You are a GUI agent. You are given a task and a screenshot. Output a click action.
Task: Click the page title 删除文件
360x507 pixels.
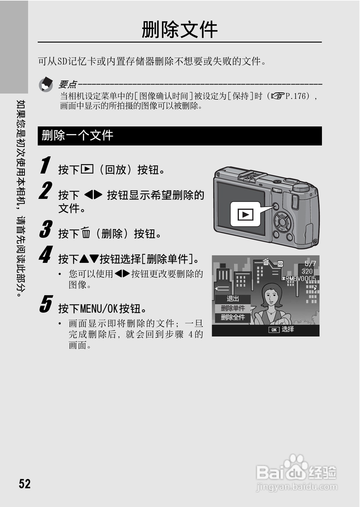click(180, 30)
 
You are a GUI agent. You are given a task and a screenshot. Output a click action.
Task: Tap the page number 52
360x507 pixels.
click(25, 483)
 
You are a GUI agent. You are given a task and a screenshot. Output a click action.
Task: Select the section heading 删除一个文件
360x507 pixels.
click(77, 136)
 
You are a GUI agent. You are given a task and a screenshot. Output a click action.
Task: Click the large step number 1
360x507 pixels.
click(45, 165)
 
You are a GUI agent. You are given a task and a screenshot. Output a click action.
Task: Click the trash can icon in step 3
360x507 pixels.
click(86, 233)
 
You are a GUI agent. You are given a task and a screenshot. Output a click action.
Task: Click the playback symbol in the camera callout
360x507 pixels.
click(245, 215)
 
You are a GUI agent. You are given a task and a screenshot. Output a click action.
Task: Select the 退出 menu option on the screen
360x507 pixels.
click(233, 299)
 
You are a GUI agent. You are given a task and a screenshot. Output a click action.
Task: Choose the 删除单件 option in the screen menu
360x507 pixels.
click(233, 308)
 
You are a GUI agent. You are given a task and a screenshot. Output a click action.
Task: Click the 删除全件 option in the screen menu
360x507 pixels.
click(233, 317)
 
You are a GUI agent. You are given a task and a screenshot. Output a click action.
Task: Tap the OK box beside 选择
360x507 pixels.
click(274, 330)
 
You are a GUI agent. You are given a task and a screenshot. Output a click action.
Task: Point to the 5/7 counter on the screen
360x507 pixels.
click(310, 263)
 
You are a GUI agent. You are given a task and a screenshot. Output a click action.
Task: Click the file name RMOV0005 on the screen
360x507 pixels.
click(300, 279)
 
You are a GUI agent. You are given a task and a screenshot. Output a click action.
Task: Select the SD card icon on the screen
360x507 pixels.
click(280, 264)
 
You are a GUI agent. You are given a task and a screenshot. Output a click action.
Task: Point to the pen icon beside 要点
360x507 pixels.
click(46, 84)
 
